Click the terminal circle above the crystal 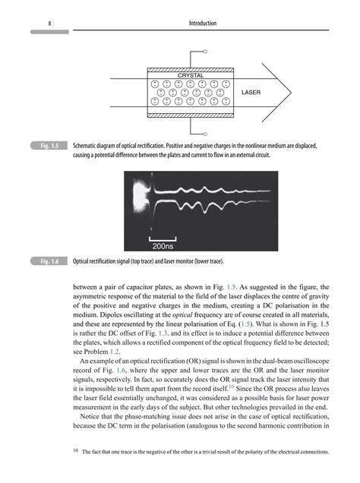tap(206, 52)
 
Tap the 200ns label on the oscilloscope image tap(163, 245)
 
